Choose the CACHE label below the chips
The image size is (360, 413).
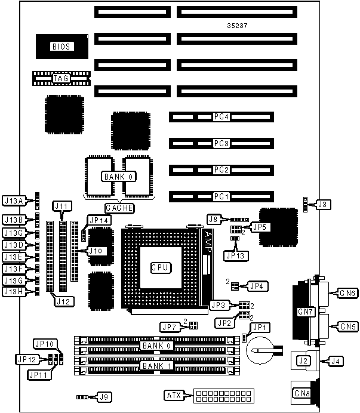pyautogui.click(x=119, y=208)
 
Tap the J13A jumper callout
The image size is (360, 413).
pyautogui.click(x=13, y=201)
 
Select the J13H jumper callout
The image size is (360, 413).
pyautogui.click(x=13, y=292)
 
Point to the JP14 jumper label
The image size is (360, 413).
pyautogui.click(x=99, y=220)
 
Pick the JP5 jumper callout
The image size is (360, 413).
pyautogui.click(x=259, y=227)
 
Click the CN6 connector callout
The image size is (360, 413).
pyautogui.click(x=347, y=293)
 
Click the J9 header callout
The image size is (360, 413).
pyautogui.click(x=104, y=396)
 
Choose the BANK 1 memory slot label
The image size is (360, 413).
pyautogui.click(x=154, y=365)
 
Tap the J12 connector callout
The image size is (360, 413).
pyautogui.click(x=64, y=302)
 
